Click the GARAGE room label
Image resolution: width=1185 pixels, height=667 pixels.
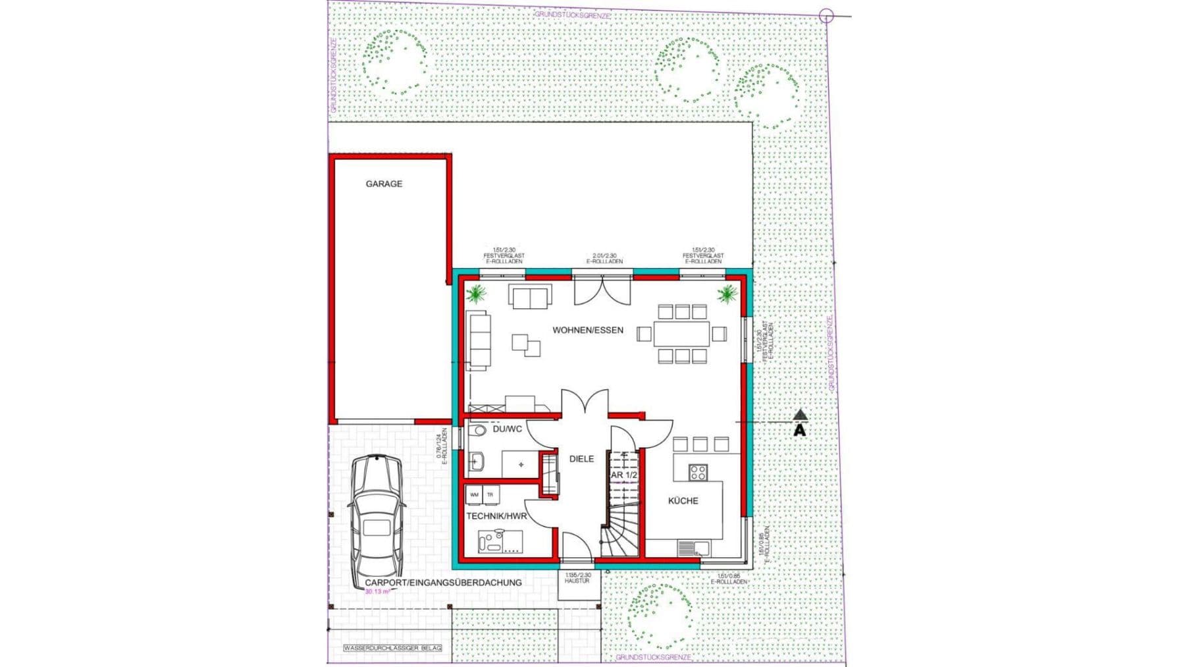point(384,184)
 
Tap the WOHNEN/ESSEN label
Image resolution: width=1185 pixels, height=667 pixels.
point(587,330)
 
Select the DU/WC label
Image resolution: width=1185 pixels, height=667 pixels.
point(507,429)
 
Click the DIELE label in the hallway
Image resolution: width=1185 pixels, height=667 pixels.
point(581,459)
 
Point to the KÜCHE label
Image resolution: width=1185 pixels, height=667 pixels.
point(683,500)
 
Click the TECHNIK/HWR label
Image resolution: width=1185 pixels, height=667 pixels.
point(496,516)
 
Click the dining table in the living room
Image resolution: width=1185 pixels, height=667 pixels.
point(681,333)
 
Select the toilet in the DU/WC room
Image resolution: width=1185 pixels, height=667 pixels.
point(478,431)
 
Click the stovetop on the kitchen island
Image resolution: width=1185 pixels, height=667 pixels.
point(698,472)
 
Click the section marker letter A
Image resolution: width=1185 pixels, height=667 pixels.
point(799,431)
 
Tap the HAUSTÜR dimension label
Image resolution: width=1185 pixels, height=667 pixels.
point(577,578)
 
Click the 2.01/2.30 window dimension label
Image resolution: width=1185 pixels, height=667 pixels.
point(604,258)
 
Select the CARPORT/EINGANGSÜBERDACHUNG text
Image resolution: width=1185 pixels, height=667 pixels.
point(443,583)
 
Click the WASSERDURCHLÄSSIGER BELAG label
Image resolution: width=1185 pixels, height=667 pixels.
point(392,649)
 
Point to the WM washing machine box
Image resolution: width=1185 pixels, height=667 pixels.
point(474,494)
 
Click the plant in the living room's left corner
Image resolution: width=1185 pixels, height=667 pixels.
point(475,293)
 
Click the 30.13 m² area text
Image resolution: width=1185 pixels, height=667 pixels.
point(378,592)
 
